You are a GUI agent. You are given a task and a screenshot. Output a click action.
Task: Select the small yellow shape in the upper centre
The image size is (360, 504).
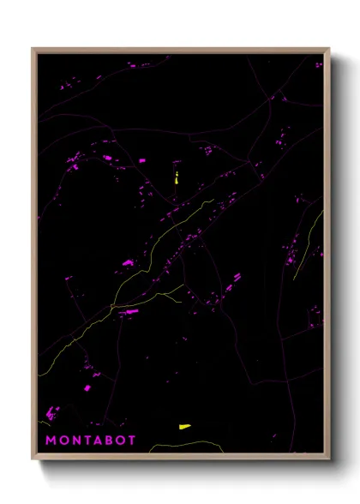pyautogui.click(x=176, y=178)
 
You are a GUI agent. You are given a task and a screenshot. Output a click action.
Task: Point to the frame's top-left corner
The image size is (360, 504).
pyautogui.click(x=33, y=48)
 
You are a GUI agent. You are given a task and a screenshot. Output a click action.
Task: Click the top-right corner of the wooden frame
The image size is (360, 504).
pyautogui.click(x=329, y=48)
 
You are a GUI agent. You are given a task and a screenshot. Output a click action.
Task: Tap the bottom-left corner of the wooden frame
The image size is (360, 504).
pyautogui.click(x=33, y=459)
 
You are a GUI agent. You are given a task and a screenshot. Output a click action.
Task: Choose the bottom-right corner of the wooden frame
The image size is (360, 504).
pyautogui.click(x=329, y=459)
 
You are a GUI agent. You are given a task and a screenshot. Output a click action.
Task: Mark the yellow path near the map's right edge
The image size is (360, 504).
pyautogui.click(x=309, y=240)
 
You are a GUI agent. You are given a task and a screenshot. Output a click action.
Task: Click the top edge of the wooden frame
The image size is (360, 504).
pyautogui.click(x=181, y=49)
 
